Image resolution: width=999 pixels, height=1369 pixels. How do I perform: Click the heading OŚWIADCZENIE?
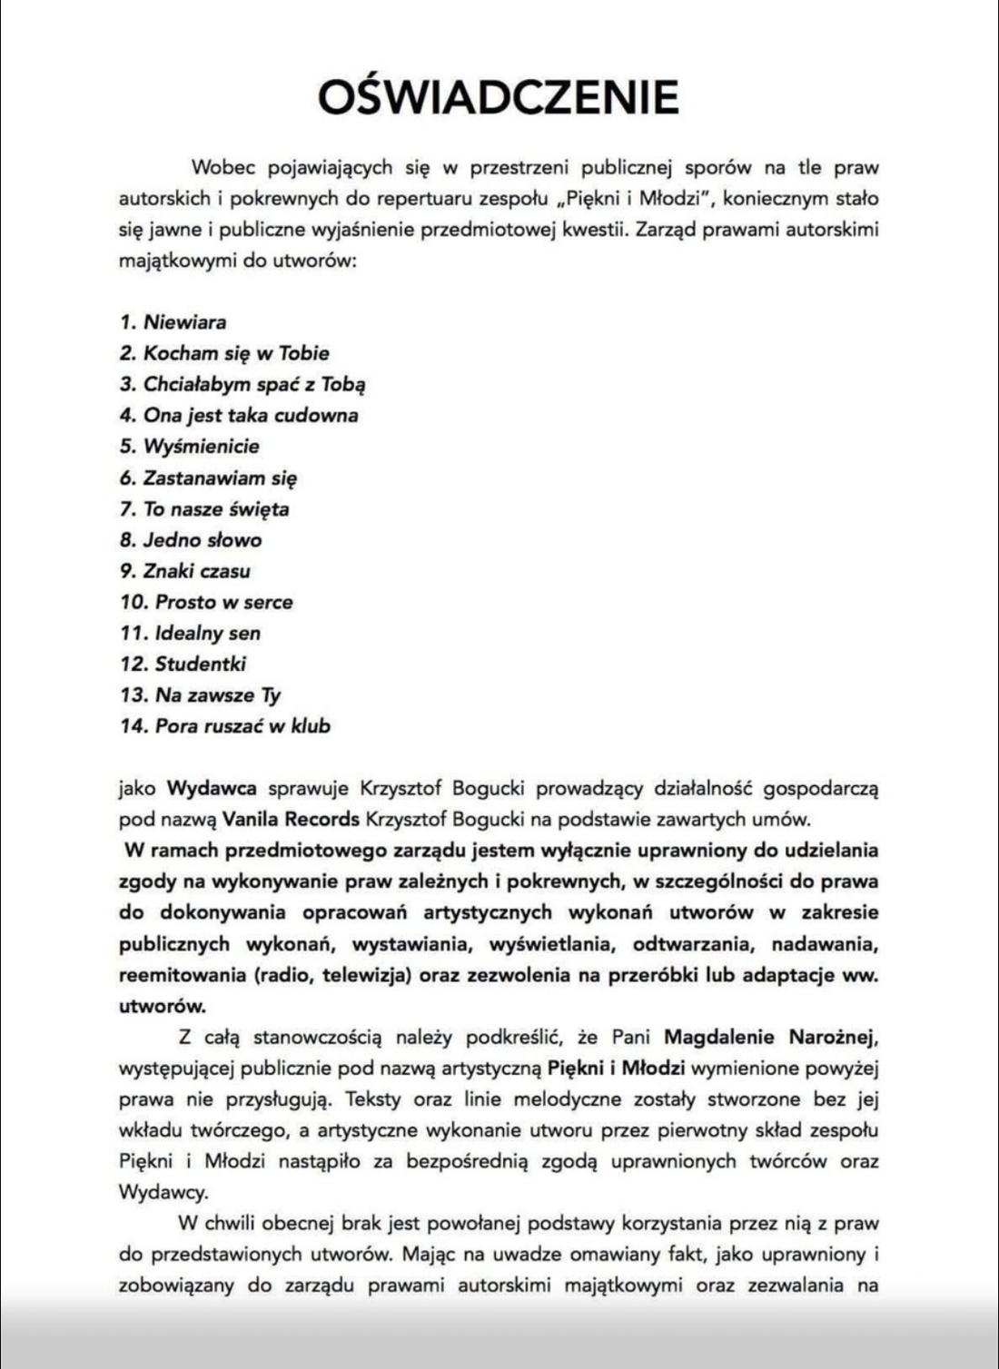pyautogui.click(x=499, y=96)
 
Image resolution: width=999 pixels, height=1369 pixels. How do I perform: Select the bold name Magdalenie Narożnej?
pyautogui.click(x=771, y=1037)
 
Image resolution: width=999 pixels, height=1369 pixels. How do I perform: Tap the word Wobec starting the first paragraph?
pyautogui.click(x=223, y=167)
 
